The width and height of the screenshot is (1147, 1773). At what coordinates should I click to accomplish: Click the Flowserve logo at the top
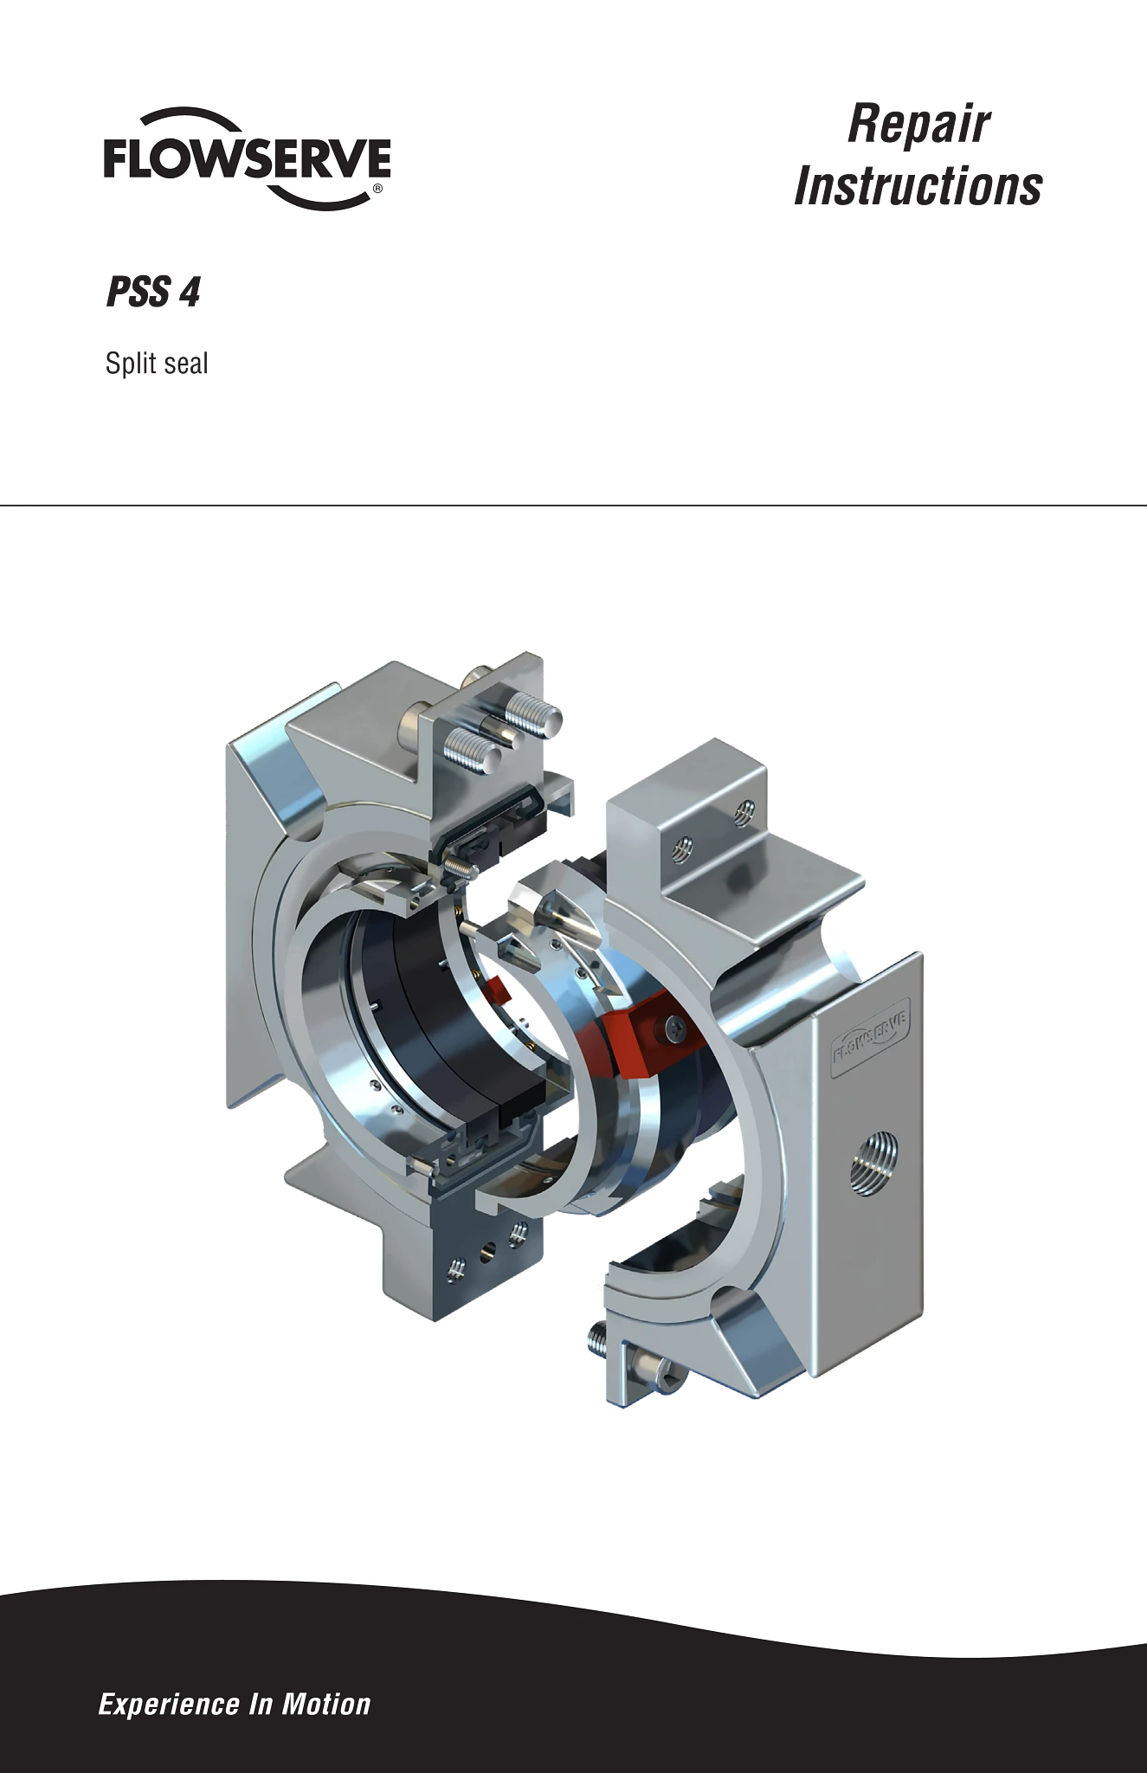(247, 158)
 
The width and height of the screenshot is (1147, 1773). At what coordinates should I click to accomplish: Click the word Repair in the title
(918, 124)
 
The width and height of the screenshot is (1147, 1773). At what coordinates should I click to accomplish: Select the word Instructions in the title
(918, 186)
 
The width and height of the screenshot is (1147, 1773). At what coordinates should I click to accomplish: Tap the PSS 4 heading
(153, 292)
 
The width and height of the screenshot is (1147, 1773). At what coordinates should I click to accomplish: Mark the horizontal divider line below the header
(573, 505)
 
